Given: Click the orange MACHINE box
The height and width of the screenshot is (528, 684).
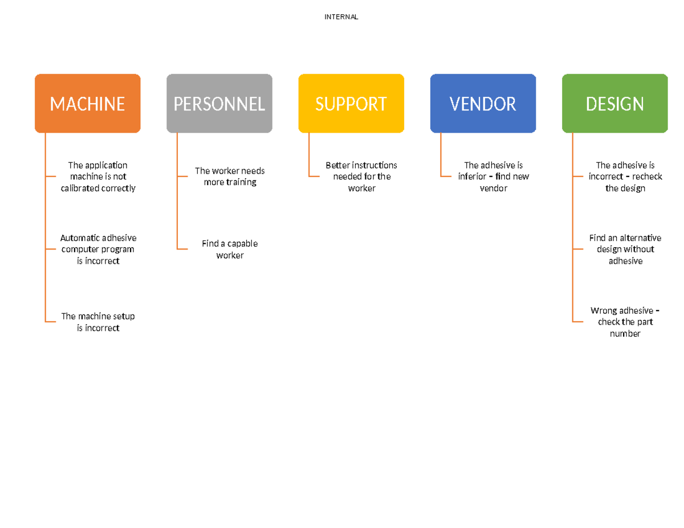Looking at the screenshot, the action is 88,103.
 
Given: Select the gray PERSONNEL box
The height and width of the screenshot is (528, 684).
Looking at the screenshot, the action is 219,103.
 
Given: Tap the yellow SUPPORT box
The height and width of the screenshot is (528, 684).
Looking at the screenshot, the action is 351,103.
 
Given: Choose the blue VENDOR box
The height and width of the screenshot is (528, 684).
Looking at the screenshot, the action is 483,103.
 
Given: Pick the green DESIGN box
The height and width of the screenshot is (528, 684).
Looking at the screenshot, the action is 615,103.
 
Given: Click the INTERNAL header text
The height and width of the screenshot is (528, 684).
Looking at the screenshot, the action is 341,17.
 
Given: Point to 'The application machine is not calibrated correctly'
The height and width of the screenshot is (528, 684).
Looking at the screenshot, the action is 98,177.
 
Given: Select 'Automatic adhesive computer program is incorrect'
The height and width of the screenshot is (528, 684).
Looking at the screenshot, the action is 98,249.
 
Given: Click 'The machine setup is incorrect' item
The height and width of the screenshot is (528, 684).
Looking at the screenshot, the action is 98,322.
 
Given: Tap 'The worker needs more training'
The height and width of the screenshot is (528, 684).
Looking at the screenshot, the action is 230,177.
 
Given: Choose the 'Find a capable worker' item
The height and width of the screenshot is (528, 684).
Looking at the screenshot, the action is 230,249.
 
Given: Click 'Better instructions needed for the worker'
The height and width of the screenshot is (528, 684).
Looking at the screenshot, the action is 361,177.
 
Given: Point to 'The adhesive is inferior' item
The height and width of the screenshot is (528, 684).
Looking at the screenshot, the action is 494,177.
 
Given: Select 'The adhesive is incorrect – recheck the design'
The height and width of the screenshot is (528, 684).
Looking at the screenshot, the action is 625,177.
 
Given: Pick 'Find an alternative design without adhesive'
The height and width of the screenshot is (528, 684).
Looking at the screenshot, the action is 625,249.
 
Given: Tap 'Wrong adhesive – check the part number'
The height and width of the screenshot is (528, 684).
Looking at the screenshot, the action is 625,322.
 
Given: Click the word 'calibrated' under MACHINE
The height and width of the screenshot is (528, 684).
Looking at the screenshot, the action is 79,188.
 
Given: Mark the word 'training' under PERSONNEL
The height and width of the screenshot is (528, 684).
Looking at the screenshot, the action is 242,182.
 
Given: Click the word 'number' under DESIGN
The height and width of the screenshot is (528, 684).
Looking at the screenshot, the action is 625,333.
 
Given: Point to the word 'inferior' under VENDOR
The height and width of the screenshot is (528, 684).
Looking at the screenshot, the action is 472,177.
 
